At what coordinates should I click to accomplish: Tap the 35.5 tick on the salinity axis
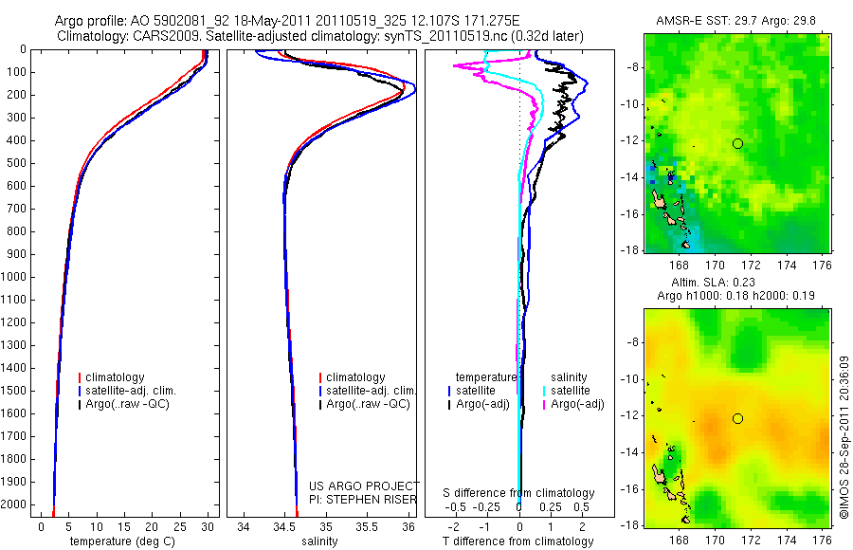(369, 526)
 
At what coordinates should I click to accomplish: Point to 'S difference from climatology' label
(519, 493)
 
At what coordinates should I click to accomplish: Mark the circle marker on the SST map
(737, 144)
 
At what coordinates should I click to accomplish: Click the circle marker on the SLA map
(737, 418)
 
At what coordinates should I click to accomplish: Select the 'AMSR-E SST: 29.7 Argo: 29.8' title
(737, 21)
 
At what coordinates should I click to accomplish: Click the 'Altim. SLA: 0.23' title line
(737, 283)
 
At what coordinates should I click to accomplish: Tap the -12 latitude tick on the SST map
(630, 140)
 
